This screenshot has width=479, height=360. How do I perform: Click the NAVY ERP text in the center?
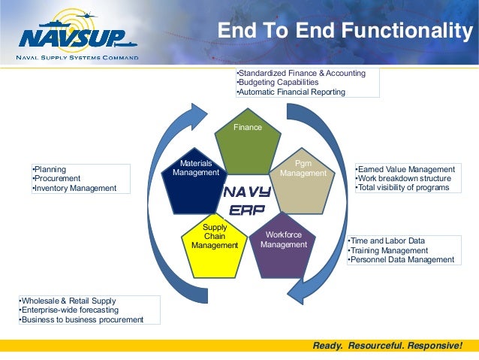247,201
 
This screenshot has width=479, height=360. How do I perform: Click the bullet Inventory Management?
75,188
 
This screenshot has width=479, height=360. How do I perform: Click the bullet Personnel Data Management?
402,260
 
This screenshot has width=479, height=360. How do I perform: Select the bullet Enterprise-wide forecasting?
68,310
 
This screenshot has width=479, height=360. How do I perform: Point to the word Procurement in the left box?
58,179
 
